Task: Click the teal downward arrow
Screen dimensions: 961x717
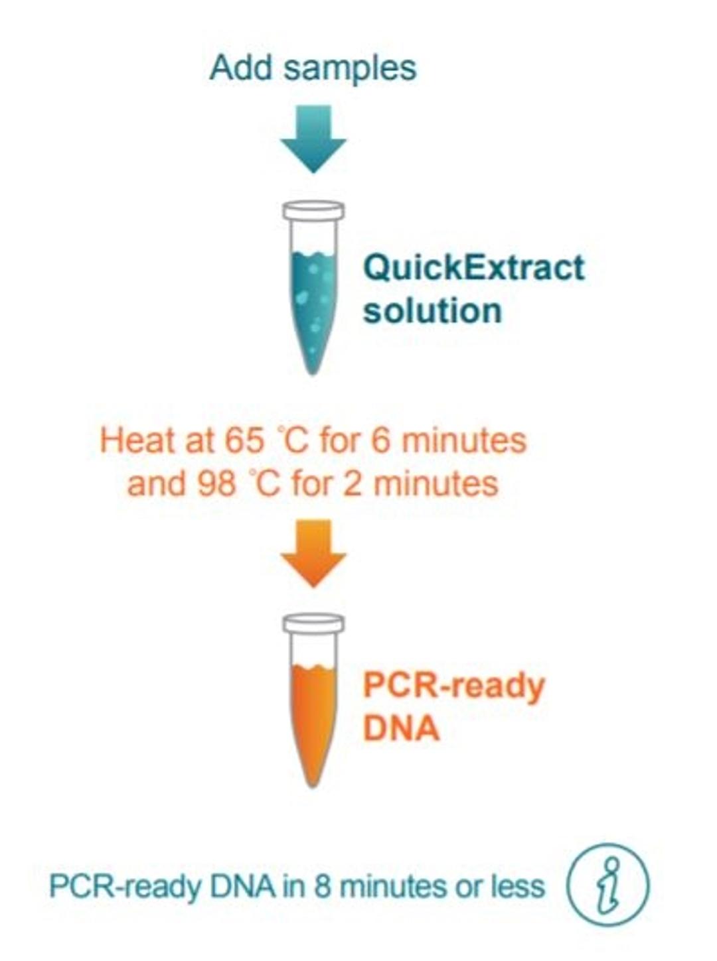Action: tap(313, 139)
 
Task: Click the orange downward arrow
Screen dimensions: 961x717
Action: tap(313, 553)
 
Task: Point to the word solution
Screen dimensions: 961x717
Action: tap(432, 311)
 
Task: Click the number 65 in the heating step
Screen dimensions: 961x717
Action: tap(244, 441)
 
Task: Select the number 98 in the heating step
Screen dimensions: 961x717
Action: tap(217, 483)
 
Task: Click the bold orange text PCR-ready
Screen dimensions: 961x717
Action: tap(453, 685)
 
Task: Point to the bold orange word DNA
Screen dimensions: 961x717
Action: tap(401, 728)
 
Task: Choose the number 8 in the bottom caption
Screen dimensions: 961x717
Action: tap(323, 887)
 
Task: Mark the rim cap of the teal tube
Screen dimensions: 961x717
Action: tap(313, 211)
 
